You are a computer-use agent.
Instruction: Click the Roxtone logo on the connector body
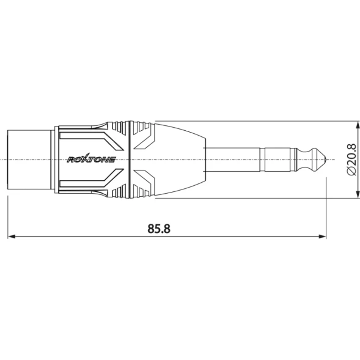tap(91, 159)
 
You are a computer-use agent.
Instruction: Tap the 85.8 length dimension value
tap(159, 229)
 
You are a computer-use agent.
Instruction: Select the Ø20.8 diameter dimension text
tap(351, 160)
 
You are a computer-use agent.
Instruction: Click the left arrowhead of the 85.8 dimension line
tap(12, 237)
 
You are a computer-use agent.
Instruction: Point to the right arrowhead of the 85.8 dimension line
tap(322, 237)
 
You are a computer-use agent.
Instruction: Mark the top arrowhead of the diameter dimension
tap(358, 125)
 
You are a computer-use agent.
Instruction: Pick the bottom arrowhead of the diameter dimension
tap(358, 194)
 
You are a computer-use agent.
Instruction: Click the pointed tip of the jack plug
tap(326, 160)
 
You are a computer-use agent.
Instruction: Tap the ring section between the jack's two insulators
tap(277, 160)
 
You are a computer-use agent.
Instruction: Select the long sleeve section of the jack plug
tap(232, 160)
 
